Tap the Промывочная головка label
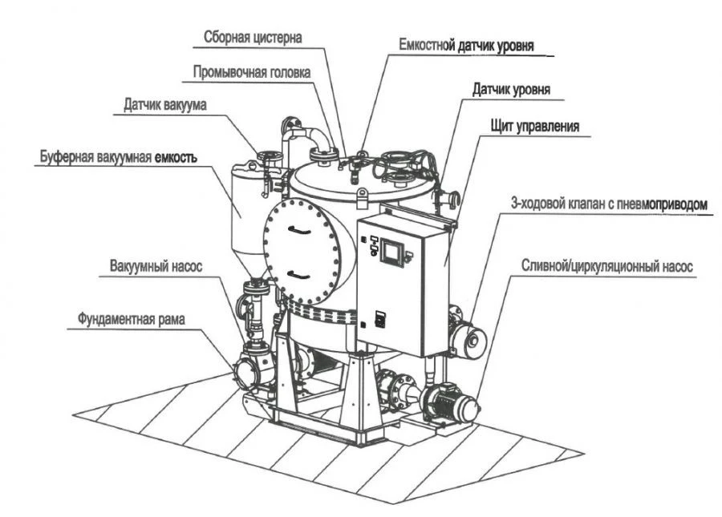pyautogui.click(x=251, y=71)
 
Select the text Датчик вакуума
pyautogui.click(x=164, y=105)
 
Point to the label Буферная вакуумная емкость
pyautogui.click(x=117, y=157)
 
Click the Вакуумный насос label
pyautogui.click(x=153, y=265)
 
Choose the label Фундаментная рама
pyautogui.click(x=131, y=318)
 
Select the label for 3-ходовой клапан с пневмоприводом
pyautogui.click(x=609, y=204)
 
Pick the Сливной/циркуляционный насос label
pyautogui.click(x=606, y=266)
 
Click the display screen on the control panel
pyautogui.click(x=392, y=252)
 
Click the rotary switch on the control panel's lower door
pyautogui.click(x=380, y=318)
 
